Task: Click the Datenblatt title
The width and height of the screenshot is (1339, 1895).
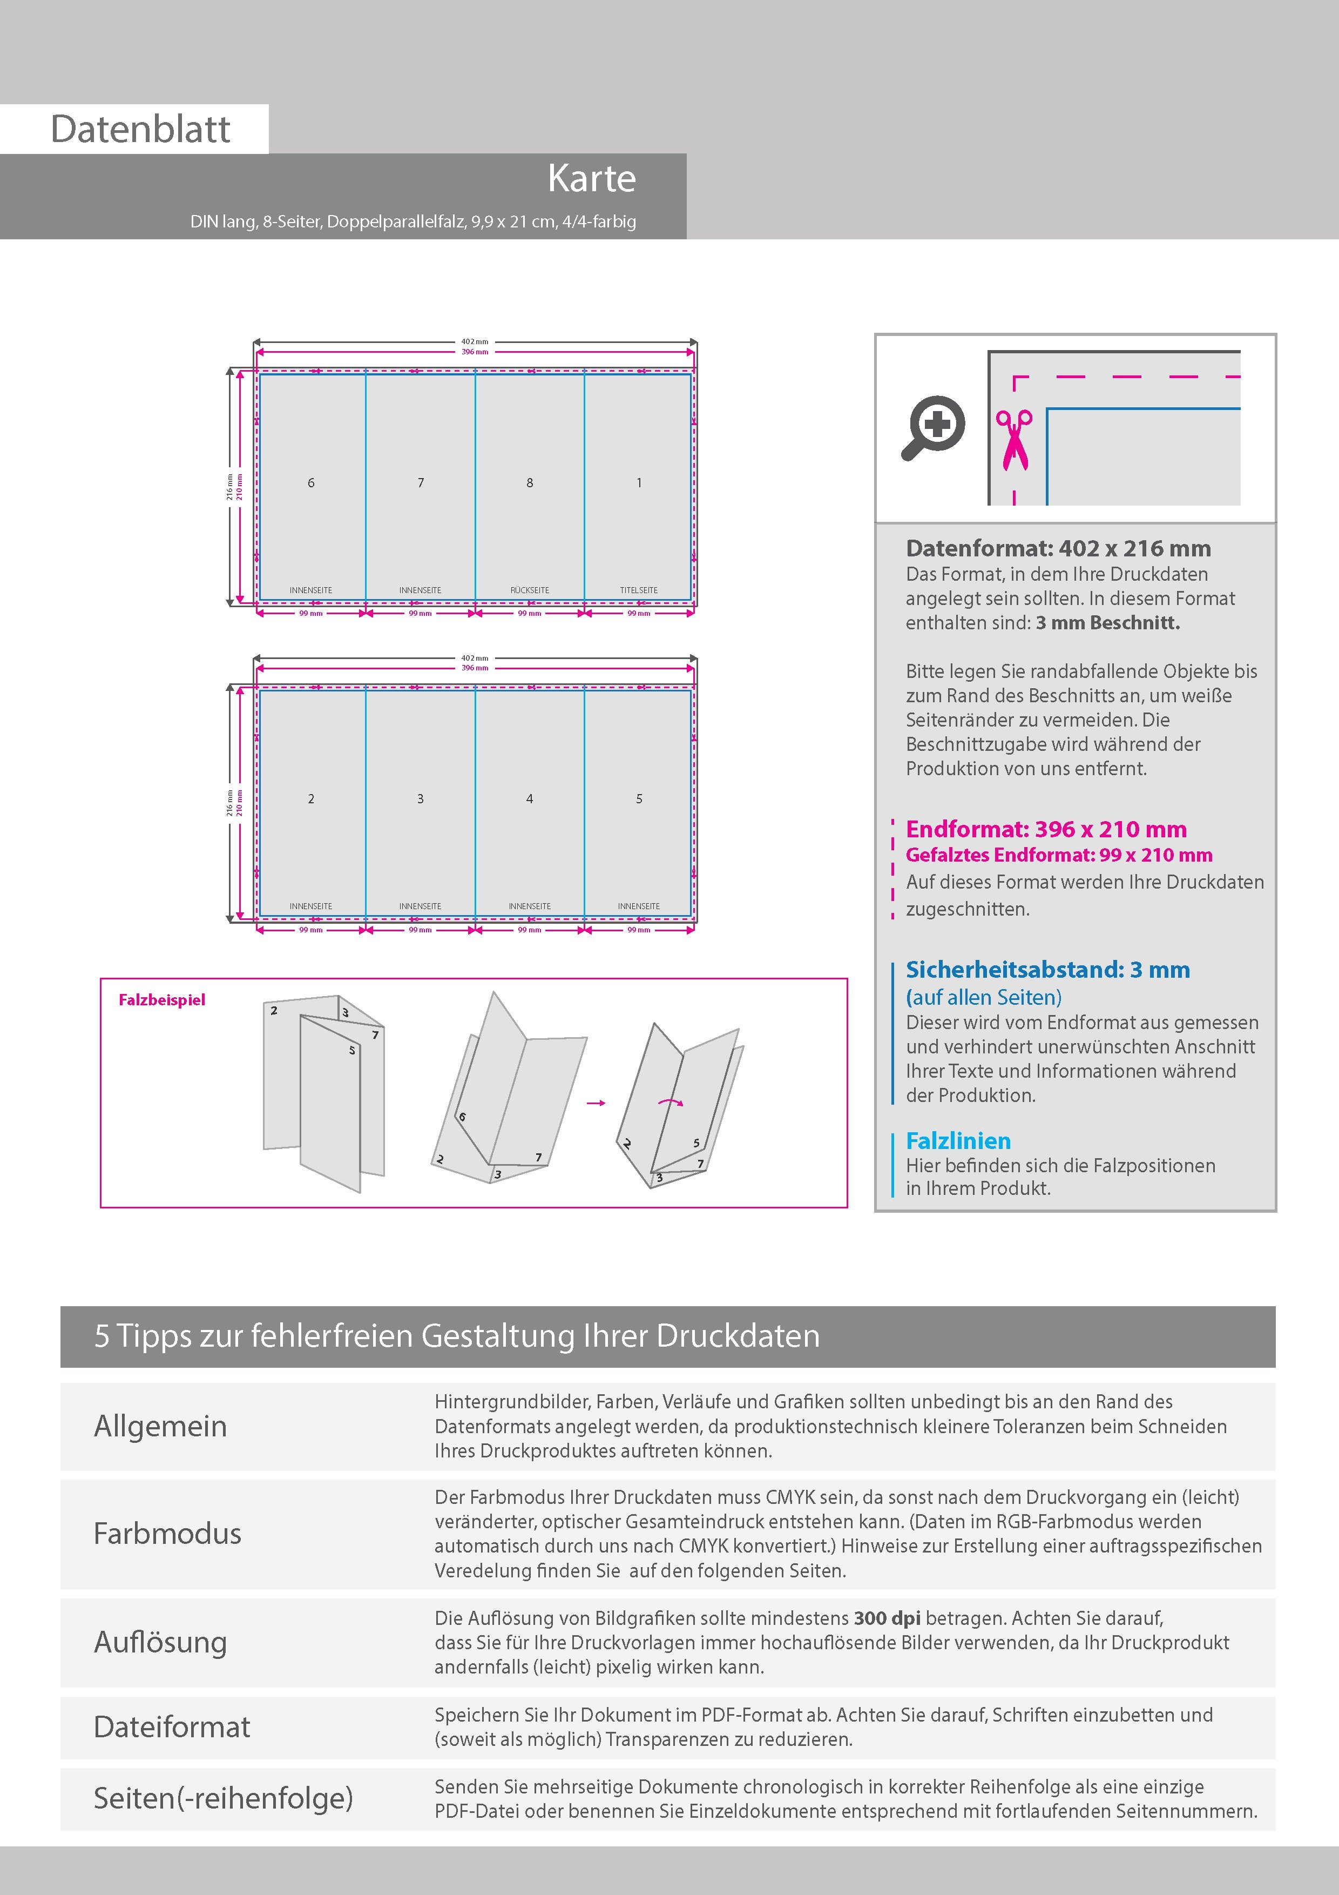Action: [x=140, y=130]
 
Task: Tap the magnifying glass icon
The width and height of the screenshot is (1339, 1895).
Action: [x=933, y=427]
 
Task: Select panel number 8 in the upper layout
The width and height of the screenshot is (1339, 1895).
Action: [x=530, y=483]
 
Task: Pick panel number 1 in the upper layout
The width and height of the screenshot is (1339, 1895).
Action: [x=639, y=483]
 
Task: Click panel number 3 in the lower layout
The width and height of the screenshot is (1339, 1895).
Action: [x=420, y=799]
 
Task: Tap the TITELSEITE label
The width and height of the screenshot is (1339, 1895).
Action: [x=639, y=590]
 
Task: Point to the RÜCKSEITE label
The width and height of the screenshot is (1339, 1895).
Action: [x=530, y=590]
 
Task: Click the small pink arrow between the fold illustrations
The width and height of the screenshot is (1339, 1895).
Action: [x=596, y=1103]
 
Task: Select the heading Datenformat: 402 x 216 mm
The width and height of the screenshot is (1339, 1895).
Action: [x=1058, y=549]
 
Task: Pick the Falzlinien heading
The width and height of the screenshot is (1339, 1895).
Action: [x=958, y=1141]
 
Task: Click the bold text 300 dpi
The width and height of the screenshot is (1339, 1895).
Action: [x=887, y=1618]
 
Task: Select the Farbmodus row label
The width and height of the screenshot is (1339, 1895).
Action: [x=167, y=1534]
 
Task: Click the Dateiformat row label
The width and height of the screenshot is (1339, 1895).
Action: [x=172, y=1726]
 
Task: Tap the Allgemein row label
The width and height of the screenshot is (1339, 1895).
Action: [x=160, y=1426]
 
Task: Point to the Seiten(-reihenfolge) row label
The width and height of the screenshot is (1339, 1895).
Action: [x=223, y=1798]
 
